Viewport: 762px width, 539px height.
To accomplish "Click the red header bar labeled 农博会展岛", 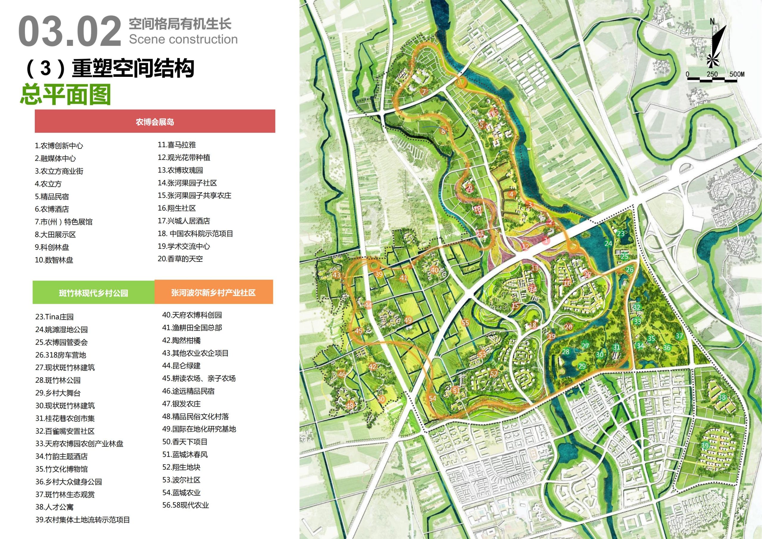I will click(x=155, y=121).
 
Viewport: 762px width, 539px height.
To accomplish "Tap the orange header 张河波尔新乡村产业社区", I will click(x=213, y=292).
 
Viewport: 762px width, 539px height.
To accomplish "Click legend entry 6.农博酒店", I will click(x=52, y=209).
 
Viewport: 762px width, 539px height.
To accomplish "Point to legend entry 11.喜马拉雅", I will click(x=177, y=145).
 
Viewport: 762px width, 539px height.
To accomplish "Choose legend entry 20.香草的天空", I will click(x=180, y=259).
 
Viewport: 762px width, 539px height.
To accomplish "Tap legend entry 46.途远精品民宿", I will click(x=188, y=391).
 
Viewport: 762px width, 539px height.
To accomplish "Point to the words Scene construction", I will click(x=183, y=39).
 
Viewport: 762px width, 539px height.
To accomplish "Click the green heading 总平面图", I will click(x=65, y=94).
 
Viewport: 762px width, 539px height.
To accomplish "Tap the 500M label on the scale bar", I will click(x=736, y=74).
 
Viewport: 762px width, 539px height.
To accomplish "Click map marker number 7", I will click(x=424, y=92).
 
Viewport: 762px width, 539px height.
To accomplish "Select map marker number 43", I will click(x=337, y=275).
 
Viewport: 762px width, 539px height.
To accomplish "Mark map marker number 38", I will click(x=722, y=397).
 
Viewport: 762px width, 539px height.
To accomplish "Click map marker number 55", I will click(x=465, y=323).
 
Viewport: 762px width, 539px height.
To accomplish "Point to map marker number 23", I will click(x=621, y=233).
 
